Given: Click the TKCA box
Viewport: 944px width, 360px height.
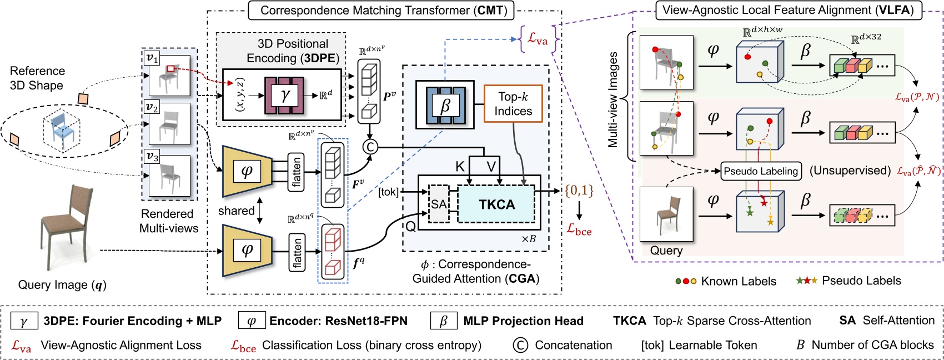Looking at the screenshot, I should pyautogui.click(x=496, y=204).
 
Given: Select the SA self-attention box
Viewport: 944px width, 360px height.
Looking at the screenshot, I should pyautogui.click(x=439, y=204).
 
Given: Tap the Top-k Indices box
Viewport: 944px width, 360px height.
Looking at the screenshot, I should pyautogui.click(x=513, y=104).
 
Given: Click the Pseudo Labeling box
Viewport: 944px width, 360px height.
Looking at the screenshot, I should pyautogui.click(x=760, y=171).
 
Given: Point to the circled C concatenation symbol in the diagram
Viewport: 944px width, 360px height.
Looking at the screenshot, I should pyautogui.click(x=370, y=147).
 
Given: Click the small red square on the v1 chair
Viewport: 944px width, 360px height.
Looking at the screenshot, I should pyautogui.click(x=170, y=69).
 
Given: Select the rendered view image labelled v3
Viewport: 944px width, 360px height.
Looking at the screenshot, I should pyautogui.click(x=169, y=175).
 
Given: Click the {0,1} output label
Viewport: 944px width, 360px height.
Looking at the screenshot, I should pyautogui.click(x=579, y=191).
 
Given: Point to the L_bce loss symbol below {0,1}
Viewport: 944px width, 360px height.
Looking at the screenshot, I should pyautogui.click(x=579, y=229).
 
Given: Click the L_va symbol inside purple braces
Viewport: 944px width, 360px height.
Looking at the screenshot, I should pyautogui.click(x=537, y=39).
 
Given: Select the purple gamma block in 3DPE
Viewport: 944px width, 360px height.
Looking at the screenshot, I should pyautogui.click(x=285, y=96).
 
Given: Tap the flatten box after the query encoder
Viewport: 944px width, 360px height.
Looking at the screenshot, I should pyautogui.click(x=298, y=252).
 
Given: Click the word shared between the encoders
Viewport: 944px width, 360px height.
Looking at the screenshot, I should pyautogui.click(x=236, y=211).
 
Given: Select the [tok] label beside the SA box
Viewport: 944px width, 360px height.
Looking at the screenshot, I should pyautogui.click(x=388, y=192).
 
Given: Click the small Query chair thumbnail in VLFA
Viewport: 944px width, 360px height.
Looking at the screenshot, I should pyautogui.click(x=666, y=214).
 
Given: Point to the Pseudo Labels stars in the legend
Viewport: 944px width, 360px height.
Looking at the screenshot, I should pyautogui.click(x=806, y=281).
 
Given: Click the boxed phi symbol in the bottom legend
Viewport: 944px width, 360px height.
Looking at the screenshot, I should pyautogui.click(x=252, y=321).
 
